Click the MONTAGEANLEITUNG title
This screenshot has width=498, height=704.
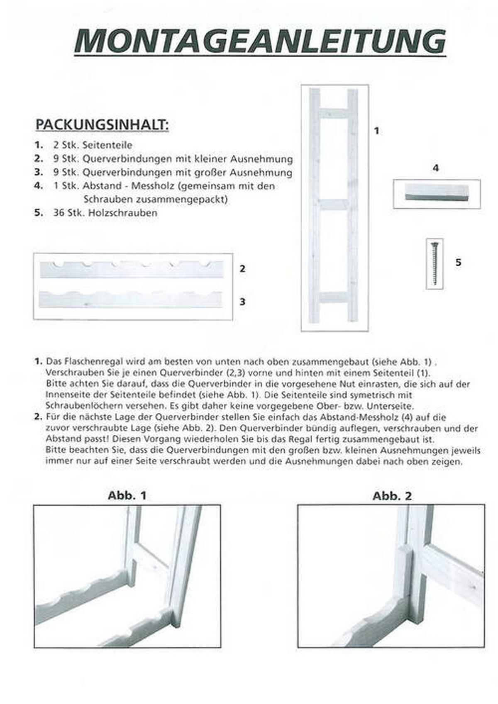(260, 41)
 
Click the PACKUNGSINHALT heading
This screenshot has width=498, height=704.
(102, 124)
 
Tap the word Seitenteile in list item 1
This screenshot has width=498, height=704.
(107, 145)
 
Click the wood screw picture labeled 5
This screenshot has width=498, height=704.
(435, 263)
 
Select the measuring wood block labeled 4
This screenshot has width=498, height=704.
(436, 193)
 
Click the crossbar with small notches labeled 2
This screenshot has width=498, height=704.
(131, 270)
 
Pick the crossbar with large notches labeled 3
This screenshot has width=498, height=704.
(131, 300)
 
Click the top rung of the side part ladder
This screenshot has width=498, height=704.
(334, 113)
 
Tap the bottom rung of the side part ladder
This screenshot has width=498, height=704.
(334, 297)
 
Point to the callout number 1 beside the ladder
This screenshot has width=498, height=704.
(377, 131)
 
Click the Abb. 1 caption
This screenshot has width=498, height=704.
(127, 495)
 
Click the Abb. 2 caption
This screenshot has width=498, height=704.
(392, 496)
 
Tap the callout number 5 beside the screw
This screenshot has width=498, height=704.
(458, 262)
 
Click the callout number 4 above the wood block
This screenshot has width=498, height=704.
(435, 168)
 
